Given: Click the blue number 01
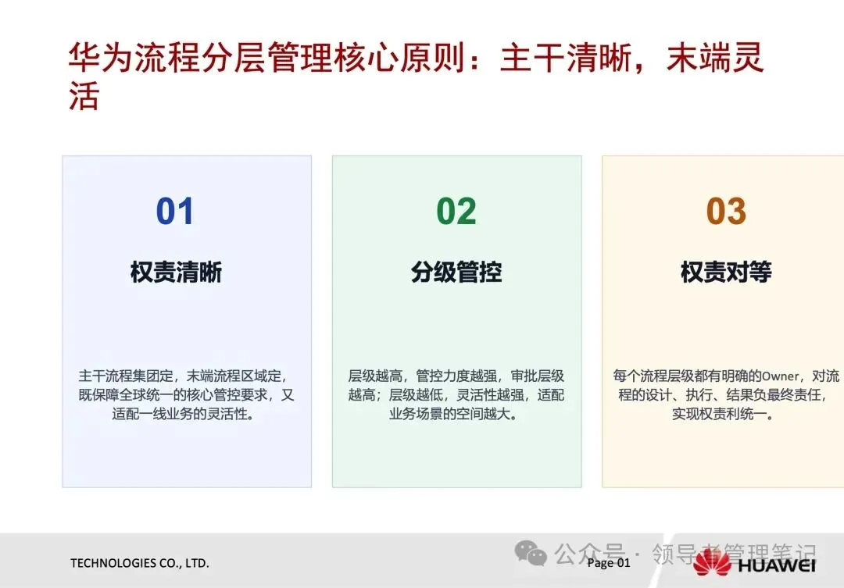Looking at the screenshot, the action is (174, 211).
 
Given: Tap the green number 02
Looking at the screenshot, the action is (456, 211).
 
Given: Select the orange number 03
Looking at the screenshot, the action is (726, 211).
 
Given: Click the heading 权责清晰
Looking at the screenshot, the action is (176, 273).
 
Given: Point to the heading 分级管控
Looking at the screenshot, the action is (456, 273).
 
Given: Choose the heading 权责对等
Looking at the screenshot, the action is (726, 273).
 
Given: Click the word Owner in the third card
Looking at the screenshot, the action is (781, 376).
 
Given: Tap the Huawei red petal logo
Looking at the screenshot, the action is (712, 562).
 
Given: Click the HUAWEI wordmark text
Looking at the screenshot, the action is (777, 565).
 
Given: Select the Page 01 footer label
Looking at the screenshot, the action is (609, 563).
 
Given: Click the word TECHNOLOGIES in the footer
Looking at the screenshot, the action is (113, 563).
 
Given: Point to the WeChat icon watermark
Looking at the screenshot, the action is (531, 553).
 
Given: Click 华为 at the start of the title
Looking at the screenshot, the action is (101, 58).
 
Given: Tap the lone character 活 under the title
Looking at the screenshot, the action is (84, 96).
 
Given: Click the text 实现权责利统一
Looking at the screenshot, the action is (719, 414).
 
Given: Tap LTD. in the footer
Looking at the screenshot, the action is (197, 563).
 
